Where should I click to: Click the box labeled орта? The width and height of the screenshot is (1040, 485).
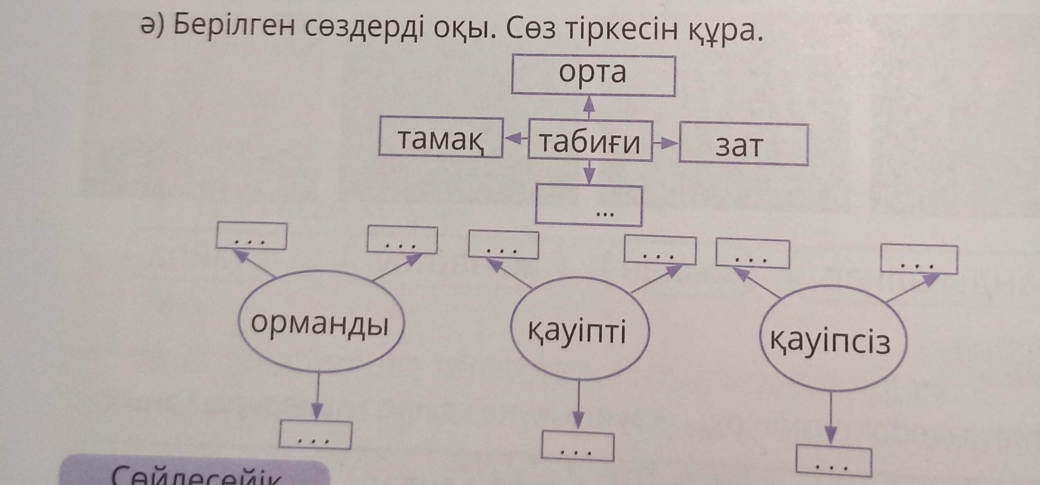pos(593,76)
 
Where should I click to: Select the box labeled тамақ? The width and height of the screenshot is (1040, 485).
pos(441,137)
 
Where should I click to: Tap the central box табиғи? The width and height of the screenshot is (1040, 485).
pos(590,141)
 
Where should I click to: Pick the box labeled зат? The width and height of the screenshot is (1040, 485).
pos(743,145)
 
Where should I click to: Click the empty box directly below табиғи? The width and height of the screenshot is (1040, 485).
pos(589,205)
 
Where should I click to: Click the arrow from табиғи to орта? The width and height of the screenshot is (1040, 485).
pos(589,107)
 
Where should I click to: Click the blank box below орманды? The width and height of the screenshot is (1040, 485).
pos(315,435)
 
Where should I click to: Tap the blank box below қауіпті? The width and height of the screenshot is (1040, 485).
pos(577,446)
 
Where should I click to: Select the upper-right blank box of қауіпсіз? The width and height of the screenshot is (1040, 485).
pos(919,259)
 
